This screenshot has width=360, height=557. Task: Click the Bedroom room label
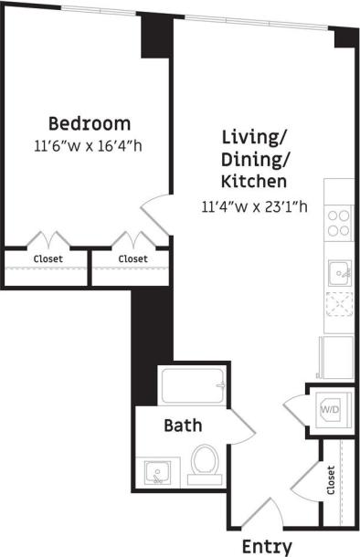(89, 123)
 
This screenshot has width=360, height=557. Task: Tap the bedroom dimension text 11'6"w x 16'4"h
(89, 144)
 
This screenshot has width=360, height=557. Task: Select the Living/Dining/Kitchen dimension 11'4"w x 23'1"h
(254, 206)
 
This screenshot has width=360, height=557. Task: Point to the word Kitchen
(255, 180)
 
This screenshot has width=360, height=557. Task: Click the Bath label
(183, 426)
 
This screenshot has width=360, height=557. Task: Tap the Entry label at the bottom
(267, 546)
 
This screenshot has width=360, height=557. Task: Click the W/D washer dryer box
(330, 411)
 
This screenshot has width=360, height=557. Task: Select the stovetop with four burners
(339, 223)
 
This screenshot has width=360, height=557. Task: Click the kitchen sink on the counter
(340, 272)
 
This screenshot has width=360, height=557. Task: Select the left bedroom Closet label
(48, 259)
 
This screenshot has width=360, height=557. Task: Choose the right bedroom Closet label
(132, 259)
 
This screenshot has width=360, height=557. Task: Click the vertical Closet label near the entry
(330, 480)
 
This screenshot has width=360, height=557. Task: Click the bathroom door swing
(239, 423)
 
